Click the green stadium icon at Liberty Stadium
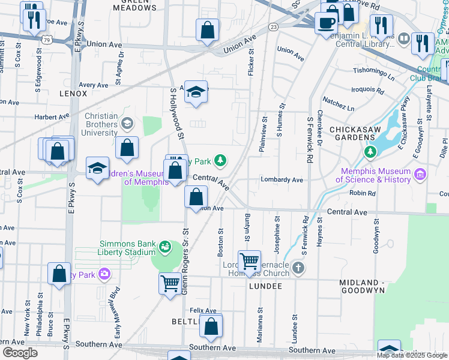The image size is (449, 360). click(163, 246)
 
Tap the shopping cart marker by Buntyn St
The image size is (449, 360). click(249, 262)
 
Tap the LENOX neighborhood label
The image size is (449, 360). click(73, 94)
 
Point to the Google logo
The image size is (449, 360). click(20, 352)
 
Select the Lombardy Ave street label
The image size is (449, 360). click(282, 179)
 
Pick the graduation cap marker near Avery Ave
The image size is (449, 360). click(196, 92)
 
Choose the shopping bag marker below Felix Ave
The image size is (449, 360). click(211, 326)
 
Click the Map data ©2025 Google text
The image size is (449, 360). click(411, 355)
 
